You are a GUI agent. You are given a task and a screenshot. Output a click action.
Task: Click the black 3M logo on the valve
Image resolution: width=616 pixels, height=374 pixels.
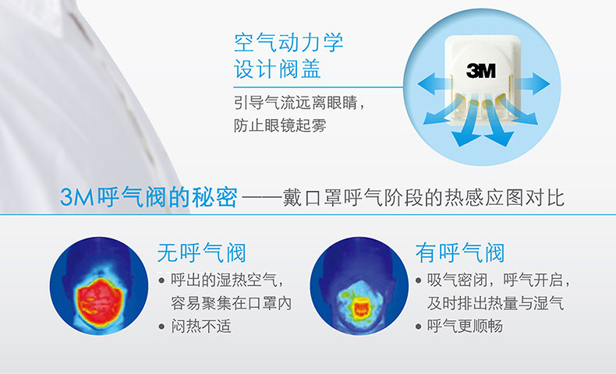(x=481, y=71)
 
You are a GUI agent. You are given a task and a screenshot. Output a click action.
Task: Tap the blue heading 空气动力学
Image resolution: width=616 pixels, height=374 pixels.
(x=289, y=42)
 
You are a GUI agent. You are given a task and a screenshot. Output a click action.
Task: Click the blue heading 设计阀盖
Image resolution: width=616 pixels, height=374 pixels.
(x=278, y=69)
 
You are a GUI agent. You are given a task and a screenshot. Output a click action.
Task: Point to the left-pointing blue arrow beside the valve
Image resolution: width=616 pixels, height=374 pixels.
(x=434, y=83)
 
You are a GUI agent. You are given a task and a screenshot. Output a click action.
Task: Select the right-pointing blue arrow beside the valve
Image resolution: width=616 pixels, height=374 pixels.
(x=533, y=83)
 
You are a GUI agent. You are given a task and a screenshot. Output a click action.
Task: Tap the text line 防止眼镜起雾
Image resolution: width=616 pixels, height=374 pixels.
(x=280, y=125)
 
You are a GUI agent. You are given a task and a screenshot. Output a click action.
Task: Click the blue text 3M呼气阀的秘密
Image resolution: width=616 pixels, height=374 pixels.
(x=149, y=197)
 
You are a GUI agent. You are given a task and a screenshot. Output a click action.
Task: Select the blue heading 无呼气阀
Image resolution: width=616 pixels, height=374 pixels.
(x=201, y=252)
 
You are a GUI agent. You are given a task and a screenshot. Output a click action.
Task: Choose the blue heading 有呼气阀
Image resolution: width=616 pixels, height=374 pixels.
(x=460, y=252)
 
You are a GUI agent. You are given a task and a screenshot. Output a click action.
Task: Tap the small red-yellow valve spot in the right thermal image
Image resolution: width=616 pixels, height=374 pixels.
(x=360, y=308)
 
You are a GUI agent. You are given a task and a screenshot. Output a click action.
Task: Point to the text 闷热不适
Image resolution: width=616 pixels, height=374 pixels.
(x=201, y=326)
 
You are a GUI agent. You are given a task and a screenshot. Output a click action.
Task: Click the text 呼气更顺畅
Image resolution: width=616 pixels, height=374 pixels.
(x=466, y=326)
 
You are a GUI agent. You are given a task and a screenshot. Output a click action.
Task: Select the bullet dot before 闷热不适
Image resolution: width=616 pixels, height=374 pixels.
(x=161, y=326)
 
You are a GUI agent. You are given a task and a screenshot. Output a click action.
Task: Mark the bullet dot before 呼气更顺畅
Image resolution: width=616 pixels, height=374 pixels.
(x=419, y=326)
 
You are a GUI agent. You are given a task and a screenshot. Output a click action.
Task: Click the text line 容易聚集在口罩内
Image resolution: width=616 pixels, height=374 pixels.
(x=232, y=303)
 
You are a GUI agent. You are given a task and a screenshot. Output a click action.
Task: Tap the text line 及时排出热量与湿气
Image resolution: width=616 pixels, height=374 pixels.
(x=496, y=303)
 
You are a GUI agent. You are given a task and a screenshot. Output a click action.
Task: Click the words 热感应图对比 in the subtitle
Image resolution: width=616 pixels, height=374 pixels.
(x=504, y=197)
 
